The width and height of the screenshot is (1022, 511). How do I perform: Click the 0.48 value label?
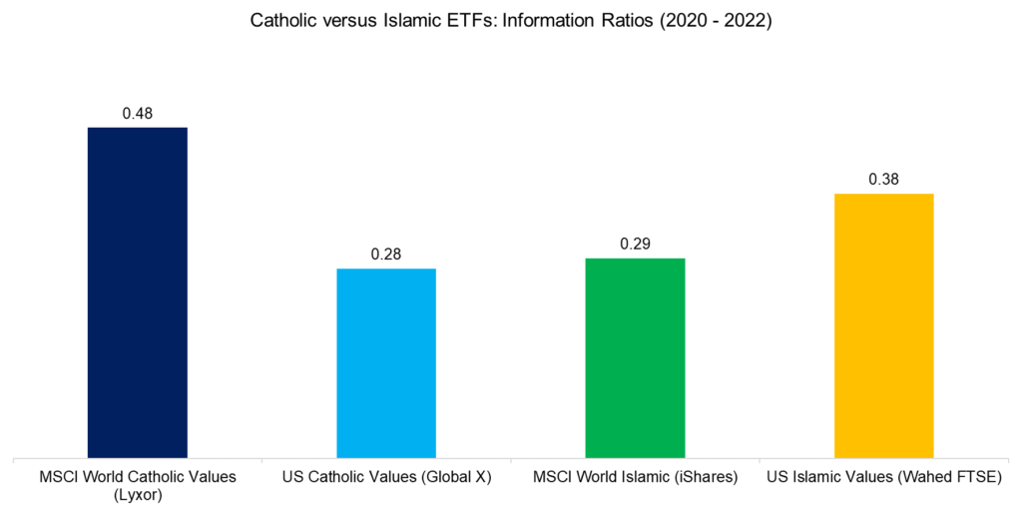(137, 114)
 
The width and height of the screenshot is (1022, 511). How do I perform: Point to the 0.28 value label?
(386, 255)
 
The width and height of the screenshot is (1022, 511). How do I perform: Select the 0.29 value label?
(635, 245)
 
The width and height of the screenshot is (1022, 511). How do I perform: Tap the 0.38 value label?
(883, 180)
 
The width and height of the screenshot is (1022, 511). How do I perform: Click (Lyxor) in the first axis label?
(137, 494)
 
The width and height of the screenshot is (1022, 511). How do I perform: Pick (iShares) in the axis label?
(701, 477)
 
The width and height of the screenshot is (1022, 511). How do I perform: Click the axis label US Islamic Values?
(834, 477)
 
